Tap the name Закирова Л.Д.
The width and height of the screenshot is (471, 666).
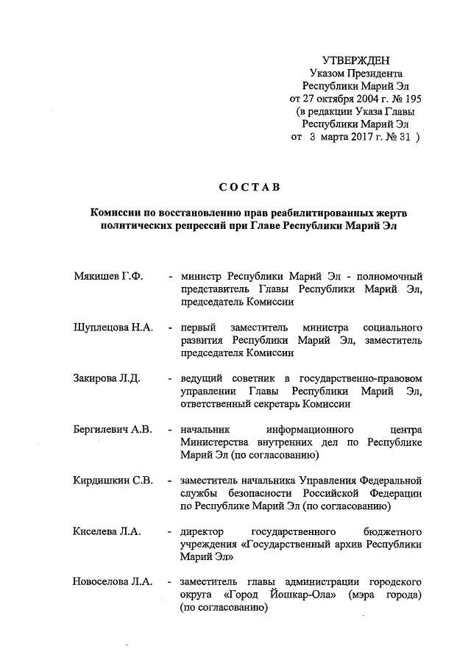[x=107, y=378]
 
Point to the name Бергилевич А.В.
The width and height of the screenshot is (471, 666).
[x=113, y=429]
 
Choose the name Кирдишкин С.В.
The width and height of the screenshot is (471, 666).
[x=113, y=481]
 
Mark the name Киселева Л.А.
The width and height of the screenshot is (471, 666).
[x=107, y=531]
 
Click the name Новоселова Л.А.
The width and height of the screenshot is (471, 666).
[x=113, y=582]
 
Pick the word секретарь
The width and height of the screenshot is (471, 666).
[x=275, y=403]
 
